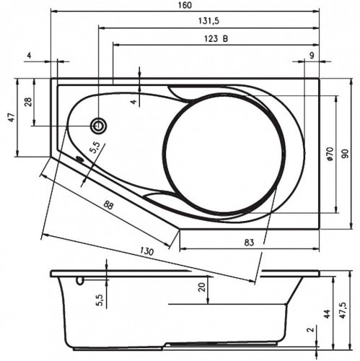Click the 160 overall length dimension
[x=185, y=6]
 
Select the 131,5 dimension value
[x=206, y=23]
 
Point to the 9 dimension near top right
[x=311, y=56]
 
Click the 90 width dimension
[x=345, y=153]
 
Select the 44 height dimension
[x=327, y=313]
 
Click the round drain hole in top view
[x=98, y=126]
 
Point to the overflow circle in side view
[x=79, y=279]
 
